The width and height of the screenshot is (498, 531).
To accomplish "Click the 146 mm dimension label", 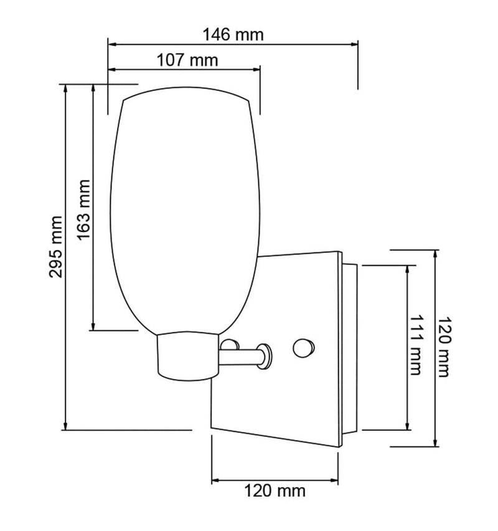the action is coord(233,35).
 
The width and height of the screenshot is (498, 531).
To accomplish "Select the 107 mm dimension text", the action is coord(187,60).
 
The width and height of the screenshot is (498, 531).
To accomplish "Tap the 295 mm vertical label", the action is coord(56,247).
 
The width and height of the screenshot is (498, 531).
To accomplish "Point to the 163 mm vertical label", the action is coord(84,210).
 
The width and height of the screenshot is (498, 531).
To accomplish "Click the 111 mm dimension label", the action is coord(416,345).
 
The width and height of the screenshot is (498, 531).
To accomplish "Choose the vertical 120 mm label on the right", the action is coord(443,347).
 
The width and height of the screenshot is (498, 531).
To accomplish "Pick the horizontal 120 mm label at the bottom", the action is coord(275,490).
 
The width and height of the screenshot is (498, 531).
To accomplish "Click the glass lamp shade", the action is coord(185,210).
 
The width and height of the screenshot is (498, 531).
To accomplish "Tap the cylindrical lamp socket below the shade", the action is coord(188,356).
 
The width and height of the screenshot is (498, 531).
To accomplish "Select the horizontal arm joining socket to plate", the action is coord(240,357).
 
